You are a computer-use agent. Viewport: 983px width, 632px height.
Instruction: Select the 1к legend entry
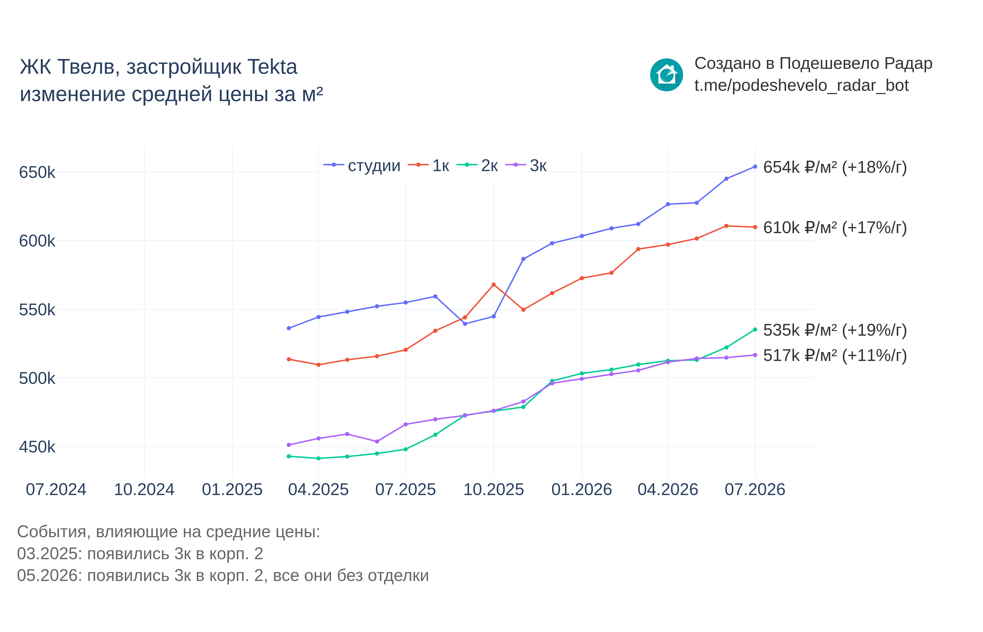pyautogui.click(x=428, y=165)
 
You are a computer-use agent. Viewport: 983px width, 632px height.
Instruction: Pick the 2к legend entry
pyautogui.click(x=477, y=165)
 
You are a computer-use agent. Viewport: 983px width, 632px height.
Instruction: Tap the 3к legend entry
pyautogui.click(x=526, y=165)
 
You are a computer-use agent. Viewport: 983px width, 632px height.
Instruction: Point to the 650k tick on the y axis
pyautogui.click(x=37, y=172)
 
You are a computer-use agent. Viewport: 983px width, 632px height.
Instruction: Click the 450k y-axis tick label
pyautogui.click(x=37, y=447)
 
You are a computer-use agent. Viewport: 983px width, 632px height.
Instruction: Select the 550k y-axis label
pyautogui.click(x=37, y=310)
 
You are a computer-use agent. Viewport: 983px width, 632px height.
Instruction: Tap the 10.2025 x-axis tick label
pyautogui.click(x=494, y=490)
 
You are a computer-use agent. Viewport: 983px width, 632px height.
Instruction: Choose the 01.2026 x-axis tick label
pyautogui.click(x=581, y=490)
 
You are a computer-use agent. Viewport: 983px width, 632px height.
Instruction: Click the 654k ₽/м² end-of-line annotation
pyautogui.click(x=835, y=167)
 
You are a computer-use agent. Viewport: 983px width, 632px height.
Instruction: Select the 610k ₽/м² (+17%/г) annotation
pyautogui.click(x=835, y=228)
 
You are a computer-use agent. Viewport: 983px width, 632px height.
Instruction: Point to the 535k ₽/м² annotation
pyautogui.click(x=835, y=330)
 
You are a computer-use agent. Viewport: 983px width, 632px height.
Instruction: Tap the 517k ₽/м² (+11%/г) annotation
pyautogui.click(x=835, y=355)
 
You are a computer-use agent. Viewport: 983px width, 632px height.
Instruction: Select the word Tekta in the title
pyautogui.click(x=272, y=67)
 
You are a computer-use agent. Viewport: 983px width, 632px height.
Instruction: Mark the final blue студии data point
pyautogui.click(x=755, y=167)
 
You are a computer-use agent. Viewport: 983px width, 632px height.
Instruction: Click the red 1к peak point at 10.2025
pyautogui.click(x=494, y=284)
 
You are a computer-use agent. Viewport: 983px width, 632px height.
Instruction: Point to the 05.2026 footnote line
pyautogui.click(x=223, y=576)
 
